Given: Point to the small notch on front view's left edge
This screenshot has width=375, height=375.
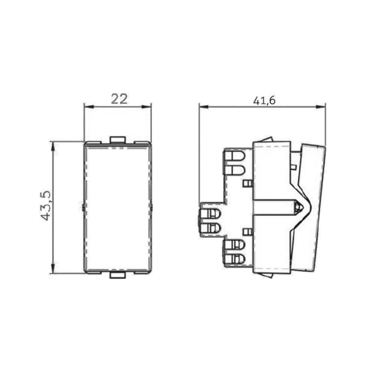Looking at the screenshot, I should [x=82, y=207].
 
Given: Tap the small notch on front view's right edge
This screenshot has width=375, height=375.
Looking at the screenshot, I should [x=152, y=207].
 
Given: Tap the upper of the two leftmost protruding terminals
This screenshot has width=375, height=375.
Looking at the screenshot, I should [x=210, y=214].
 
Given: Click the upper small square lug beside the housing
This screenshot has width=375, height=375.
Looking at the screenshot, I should [x=247, y=183].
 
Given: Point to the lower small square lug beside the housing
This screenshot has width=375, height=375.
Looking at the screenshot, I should [x=247, y=232].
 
